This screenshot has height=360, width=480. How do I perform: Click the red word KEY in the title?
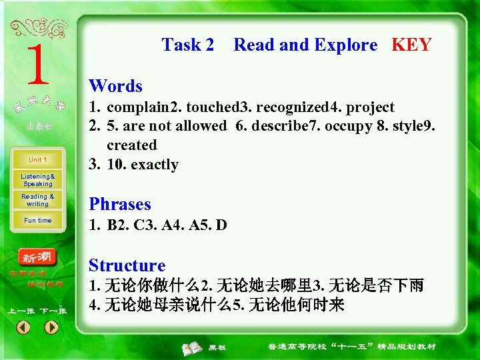pyautogui.click(x=411, y=45)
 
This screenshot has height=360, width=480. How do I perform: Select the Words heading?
pyautogui.click(x=115, y=86)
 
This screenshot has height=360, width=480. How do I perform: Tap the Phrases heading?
pyautogui.click(x=120, y=204)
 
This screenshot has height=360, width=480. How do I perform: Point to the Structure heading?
pyautogui.click(x=127, y=265)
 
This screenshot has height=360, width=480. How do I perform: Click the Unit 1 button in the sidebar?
pyautogui.click(x=37, y=160)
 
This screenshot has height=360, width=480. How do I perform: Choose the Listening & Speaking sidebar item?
pyautogui.click(x=38, y=180)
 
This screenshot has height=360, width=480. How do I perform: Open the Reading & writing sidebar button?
pyautogui.click(x=38, y=200)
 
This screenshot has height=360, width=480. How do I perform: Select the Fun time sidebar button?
pyautogui.click(x=38, y=220)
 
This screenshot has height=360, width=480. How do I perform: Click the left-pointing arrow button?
pyautogui.click(x=23, y=327)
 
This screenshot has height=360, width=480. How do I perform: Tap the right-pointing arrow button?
pyautogui.click(x=51, y=327)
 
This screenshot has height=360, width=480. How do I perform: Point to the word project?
pyautogui.click(x=371, y=107)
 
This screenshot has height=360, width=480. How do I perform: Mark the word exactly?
pyautogui.click(x=155, y=165)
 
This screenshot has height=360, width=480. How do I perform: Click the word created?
pyautogui.click(x=132, y=145)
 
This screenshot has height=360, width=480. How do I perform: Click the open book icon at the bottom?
pyautogui.click(x=193, y=347)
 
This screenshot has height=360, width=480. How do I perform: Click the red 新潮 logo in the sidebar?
pyautogui.click(x=38, y=257)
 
